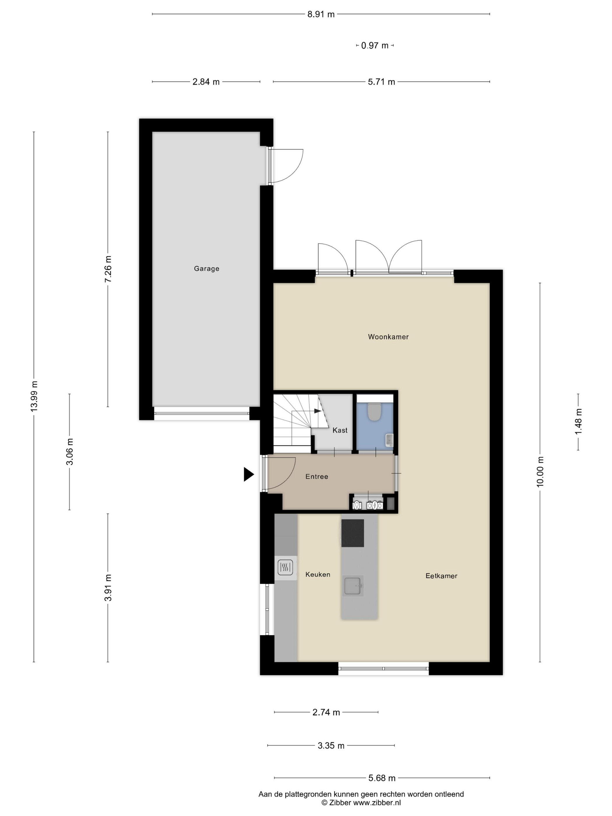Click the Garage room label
pyautogui.click(x=206, y=269)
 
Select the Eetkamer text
pyautogui.click(x=441, y=576)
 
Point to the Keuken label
pyautogui.click(x=318, y=574)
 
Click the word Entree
pyautogui.click(x=316, y=476)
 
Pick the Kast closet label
pyautogui.click(x=340, y=430)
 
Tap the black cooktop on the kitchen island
pyautogui.click(x=352, y=533)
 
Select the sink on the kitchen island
pyautogui.click(x=353, y=585)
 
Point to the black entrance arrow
pyautogui.click(x=249, y=474)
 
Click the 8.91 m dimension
pyautogui.click(x=321, y=14)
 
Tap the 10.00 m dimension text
pyautogui.click(x=540, y=472)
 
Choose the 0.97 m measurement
pyautogui.click(x=375, y=46)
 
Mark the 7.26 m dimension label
pyautogui.click(x=108, y=269)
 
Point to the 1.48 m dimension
pyautogui.click(x=578, y=422)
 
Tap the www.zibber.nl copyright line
pyautogui.click(x=361, y=803)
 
